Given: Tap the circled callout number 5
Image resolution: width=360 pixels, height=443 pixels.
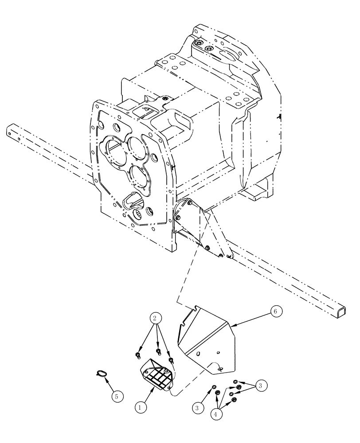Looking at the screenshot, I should [x=117, y=396].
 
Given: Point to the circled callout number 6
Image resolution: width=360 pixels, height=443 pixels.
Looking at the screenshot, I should [x=274, y=311].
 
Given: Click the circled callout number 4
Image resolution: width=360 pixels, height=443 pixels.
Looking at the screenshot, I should [x=216, y=415].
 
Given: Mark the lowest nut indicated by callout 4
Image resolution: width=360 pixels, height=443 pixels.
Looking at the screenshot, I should [x=234, y=401].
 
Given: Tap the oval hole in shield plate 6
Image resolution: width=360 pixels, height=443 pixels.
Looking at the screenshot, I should [x=219, y=366].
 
